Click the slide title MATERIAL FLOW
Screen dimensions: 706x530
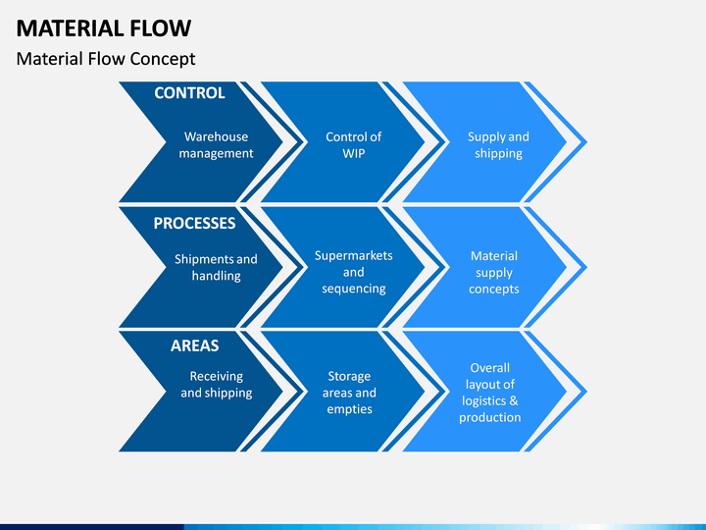pyautogui.click(x=104, y=27)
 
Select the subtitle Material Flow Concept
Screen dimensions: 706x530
pyautogui.click(x=106, y=59)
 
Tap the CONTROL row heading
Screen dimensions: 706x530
pyautogui.click(x=189, y=93)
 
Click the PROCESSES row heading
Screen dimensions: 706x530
pyautogui.click(x=194, y=223)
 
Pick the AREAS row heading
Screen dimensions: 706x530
pyautogui.click(x=195, y=345)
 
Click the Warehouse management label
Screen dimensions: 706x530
pyautogui.click(x=216, y=145)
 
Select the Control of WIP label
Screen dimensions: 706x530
pyautogui.click(x=353, y=145)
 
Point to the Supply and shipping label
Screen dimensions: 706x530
pyautogui.click(x=498, y=145)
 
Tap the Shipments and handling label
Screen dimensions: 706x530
pyautogui.click(x=216, y=267)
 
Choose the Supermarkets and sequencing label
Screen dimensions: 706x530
pyautogui.click(x=353, y=272)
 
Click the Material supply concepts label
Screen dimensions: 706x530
pyautogui.click(x=494, y=272)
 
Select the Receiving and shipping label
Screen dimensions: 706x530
pyautogui.click(x=217, y=385)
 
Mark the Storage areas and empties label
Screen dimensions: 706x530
pyautogui.click(x=349, y=393)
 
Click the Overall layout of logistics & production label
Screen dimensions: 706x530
pyautogui.click(x=490, y=393)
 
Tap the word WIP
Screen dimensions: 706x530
pyautogui.click(x=353, y=153)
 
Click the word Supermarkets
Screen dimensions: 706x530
pyautogui.click(x=353, y=256)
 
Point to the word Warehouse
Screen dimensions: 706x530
pyautogui.click(x=216, y=136)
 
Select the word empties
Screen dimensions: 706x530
pyautogui.click(x=349, y=409)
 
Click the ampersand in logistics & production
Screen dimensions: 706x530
pyautogui.click(x=513, y=400)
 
